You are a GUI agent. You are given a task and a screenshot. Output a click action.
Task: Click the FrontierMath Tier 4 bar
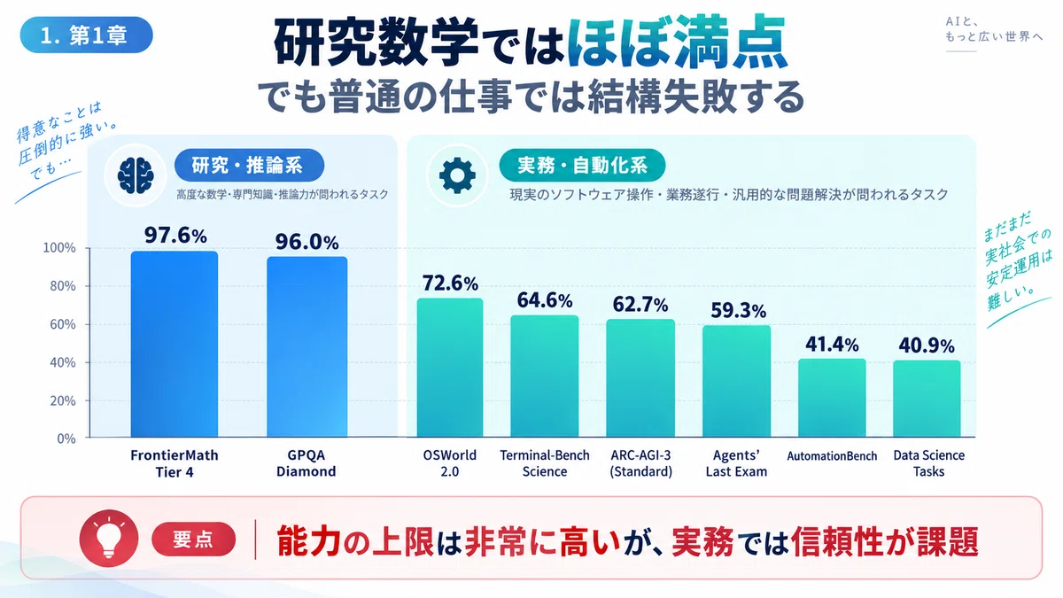[x=175, y=344]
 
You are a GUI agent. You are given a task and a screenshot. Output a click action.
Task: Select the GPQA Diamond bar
[x=307, y=347]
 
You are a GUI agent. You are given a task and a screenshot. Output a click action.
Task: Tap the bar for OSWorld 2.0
[x=450, y=368]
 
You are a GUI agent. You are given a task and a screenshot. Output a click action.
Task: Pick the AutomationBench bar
[x=832, y=398]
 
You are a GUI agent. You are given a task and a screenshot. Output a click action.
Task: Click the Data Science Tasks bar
[x=927, y=399]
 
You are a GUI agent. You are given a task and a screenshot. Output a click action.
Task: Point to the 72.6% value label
[x=450, y=283]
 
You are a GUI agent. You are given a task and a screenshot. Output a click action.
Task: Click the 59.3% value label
[x=738, y=310]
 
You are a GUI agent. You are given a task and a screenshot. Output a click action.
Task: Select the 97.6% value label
[x=175, y=236]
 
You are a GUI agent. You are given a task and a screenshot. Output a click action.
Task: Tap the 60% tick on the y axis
[x=63, y=324]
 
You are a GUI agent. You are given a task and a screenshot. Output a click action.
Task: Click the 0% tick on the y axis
[x=66, y=439]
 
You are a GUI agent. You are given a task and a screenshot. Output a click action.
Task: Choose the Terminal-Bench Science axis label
[x=545, y=463]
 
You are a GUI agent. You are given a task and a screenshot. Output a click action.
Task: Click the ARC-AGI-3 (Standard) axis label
[x=640, y=463]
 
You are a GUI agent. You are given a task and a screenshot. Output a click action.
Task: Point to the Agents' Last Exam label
[x=736, y=463]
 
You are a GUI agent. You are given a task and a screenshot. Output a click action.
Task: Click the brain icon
[x=136, y=175]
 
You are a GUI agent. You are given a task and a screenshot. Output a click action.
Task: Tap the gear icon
[x=457, y=175]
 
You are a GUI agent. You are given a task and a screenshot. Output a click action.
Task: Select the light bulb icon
[x=109, y=539]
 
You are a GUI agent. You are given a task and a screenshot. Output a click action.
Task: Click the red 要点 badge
[x=194, y=540]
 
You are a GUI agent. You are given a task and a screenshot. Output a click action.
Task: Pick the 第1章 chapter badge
[x=87, y=35]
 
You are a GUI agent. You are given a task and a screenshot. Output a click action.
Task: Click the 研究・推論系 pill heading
[x=249, y=165]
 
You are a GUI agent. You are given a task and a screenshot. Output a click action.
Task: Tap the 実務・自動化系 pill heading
[x=582, y=165]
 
